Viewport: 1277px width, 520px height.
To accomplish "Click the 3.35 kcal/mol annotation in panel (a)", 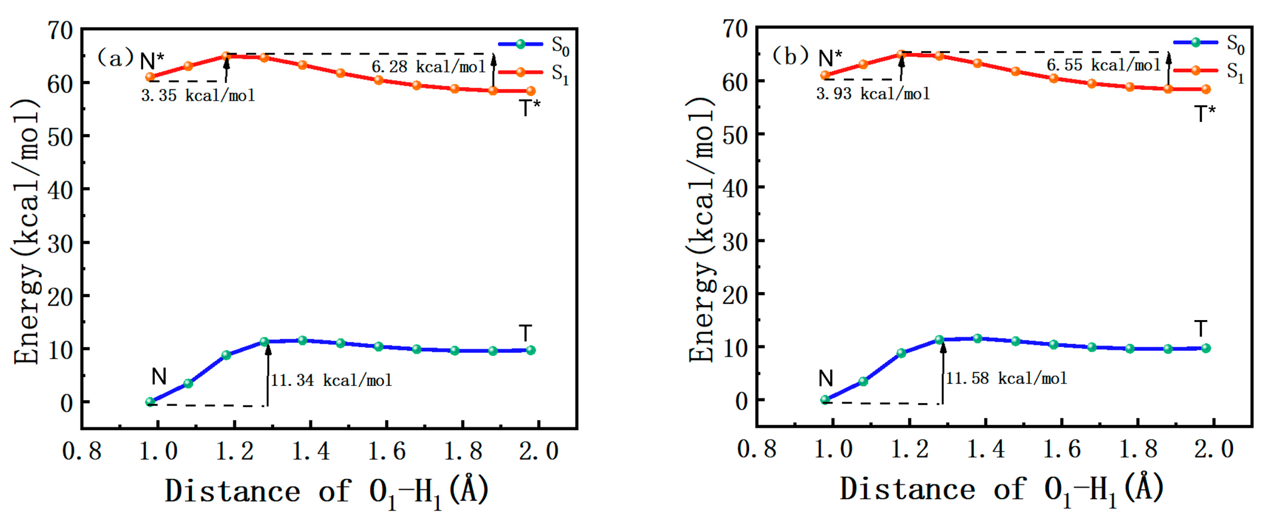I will pyautogui.click(x=198, y=95).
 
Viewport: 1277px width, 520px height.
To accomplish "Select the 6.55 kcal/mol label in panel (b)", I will pyautogui.click(x=1103, y=65).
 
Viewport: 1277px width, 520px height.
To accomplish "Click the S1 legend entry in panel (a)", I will pyautogui.click(x=533, y=73).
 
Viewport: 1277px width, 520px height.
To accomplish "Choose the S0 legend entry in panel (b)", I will pyautogui.click(x=1209, y=43).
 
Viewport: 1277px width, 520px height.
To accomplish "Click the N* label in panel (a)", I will pyautogui.click(x=152, y=61).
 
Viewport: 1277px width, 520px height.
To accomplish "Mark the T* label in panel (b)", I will pyautogui.click(x=1205, y=114).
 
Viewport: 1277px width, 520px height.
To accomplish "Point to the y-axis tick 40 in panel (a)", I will pyautogui.click(x=60, y=189).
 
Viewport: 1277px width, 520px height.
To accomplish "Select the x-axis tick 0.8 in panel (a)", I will pyautogui.click(x=82, y=451).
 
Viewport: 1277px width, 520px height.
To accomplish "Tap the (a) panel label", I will pyautogui.click(x=115, y=58).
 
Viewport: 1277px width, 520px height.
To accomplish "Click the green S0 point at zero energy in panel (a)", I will pyautogui.click(x=150, y=402).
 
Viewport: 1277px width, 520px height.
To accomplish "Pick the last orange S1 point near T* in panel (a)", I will pyautogui.click(x=530, y=91).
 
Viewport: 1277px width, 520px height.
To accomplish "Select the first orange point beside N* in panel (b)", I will pyautogui.click(x=825, y=75).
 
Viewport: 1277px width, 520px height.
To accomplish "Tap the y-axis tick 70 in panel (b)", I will pyautogui.click(x=735, y=29).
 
